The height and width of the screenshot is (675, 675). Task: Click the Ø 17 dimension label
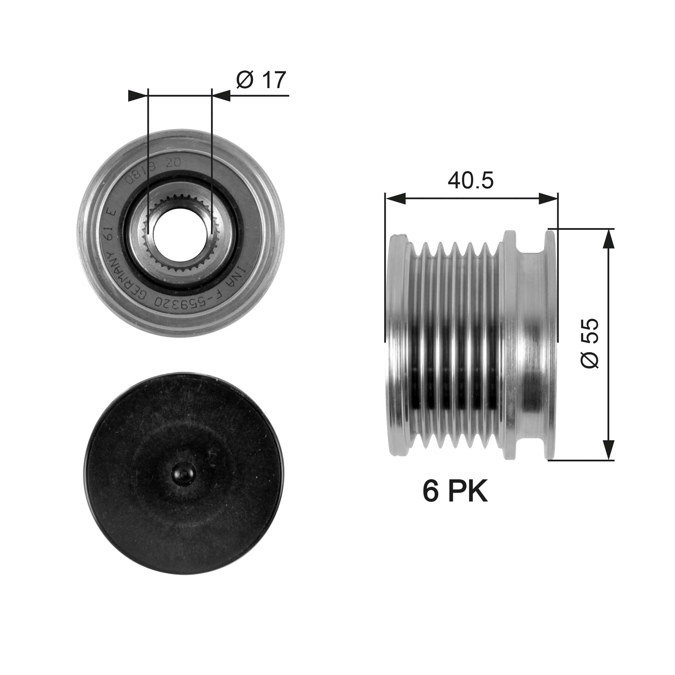click(261, 80)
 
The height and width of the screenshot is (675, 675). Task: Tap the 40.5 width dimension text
click(470, 181)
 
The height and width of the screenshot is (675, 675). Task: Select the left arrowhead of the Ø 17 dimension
click(137, 96)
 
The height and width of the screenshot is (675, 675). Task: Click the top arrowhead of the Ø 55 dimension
click(609, 239)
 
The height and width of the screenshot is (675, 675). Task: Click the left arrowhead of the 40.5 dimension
click(395, 199)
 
